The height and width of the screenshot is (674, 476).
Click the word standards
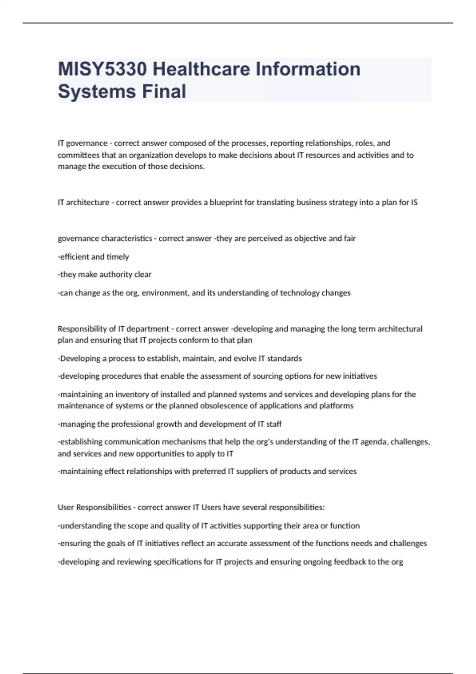tap(284, 359)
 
